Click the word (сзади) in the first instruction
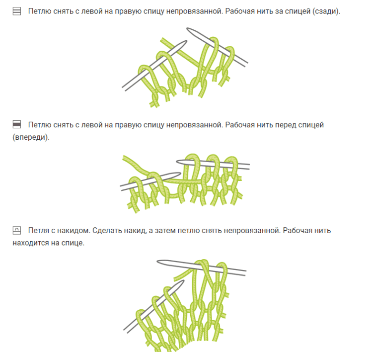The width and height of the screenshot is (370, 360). click(x=326, y=11)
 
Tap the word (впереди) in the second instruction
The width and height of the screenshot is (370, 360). click(x=31, y=137)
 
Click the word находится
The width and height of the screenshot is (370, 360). click(x=27, y=243)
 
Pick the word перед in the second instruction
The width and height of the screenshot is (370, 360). click(x=285, y=125)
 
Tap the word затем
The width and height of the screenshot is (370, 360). click(x=165, y=230)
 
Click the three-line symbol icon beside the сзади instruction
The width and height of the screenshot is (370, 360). click(x=17, y=11)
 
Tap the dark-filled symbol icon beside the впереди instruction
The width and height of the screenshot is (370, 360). click(x=17, y=124)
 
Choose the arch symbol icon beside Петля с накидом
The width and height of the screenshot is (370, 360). click(x=17, y=230)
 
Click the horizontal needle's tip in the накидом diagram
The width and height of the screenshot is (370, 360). click(x=157, y=261)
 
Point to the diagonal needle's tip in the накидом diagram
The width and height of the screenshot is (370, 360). click(x=183, y=280)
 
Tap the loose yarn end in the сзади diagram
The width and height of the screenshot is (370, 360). click(x=162, y=39)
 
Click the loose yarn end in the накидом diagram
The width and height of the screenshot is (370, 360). click(x=175, y=279)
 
